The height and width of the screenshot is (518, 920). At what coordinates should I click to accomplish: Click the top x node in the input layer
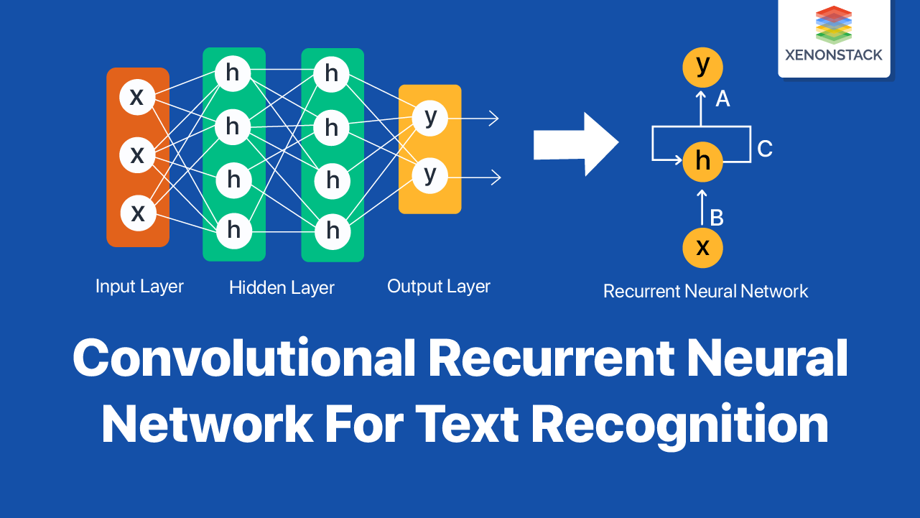(x=137, y=97)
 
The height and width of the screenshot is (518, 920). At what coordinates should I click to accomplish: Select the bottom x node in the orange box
(x=137, y=213)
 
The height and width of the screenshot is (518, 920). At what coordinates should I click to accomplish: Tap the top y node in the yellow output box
(x=430, y=117)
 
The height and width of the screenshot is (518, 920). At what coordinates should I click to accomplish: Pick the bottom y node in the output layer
(x=430, y=175)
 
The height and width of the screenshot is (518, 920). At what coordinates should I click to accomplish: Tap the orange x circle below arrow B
(x=702, y=248)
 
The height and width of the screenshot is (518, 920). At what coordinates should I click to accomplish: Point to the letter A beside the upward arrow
(x=722, y=100)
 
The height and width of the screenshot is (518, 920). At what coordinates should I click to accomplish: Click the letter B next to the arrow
(x=716, y=218)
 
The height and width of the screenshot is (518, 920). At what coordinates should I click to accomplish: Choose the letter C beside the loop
(x=765, y=149)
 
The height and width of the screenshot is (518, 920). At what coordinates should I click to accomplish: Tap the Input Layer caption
(x=139, y=286)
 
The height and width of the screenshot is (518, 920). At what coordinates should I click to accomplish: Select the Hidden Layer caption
(x=282, y=288)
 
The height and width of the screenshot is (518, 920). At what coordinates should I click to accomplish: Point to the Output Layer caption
(x=438, y=286)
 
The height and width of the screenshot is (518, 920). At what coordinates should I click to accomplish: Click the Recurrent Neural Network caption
(x=705, y=291)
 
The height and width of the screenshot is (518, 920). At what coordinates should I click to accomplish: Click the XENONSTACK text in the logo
(x=834, y=55)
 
